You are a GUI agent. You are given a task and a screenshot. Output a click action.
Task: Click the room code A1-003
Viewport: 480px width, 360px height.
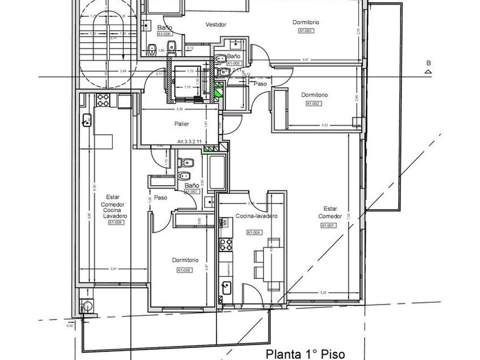(x=306, y=31)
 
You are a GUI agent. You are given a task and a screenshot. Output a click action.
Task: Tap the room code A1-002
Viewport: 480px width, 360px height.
(x=314, y=103)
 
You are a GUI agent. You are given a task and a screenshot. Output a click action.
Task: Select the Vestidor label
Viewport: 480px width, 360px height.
(x=217, y=25)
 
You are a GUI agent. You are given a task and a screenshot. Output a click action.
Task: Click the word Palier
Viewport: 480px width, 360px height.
(x=182, y=123)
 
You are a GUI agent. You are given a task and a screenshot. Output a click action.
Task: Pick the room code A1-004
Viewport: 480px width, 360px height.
(x=254, y=233)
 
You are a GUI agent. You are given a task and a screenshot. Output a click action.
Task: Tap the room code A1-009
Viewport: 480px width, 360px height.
(x=115, y=222)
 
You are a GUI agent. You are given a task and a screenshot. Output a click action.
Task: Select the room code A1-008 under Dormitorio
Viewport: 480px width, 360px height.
(x=184, y=270)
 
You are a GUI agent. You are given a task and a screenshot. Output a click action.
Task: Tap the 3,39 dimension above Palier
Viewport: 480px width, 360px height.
(x=180, y=109)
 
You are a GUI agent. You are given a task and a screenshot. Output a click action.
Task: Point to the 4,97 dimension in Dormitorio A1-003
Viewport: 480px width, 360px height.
(x=306, y=59)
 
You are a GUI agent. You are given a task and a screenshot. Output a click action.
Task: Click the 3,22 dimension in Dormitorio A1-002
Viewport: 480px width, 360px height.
(x=325, y=125)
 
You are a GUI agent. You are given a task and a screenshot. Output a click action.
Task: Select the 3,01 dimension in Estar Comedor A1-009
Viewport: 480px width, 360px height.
(x=113, y=269)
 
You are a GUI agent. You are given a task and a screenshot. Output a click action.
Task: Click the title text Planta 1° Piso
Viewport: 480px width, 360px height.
(x=305, y=354)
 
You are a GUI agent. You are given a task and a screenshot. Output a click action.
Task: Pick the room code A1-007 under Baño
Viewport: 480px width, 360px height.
(x=193, y=191)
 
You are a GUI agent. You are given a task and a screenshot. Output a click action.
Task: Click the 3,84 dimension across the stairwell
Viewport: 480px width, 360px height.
(x=123, y=71)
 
